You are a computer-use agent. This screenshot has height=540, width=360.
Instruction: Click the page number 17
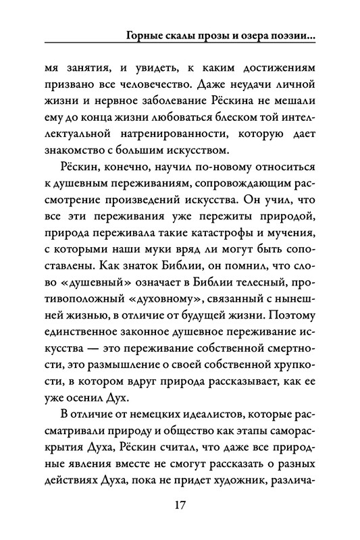pos(180,505)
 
